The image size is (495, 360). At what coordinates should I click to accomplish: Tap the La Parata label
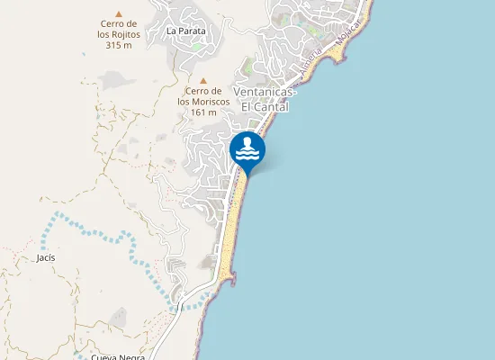(186, 31)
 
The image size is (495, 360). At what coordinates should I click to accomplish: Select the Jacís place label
(46, 257)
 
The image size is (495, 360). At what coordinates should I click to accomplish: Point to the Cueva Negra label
(118, 356)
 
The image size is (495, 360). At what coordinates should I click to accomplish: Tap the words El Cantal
(265, 106)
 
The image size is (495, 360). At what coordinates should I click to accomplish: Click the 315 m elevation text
(118, 45)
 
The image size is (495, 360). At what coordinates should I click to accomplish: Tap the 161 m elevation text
(204, 112)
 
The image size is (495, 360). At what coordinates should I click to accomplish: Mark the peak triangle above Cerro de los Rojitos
(118, 13)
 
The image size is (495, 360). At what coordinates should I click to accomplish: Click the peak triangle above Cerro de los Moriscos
(202, 79)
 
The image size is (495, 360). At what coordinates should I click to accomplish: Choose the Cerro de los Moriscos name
(203, 96)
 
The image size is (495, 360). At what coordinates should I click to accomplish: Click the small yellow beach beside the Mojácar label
(337, 55)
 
